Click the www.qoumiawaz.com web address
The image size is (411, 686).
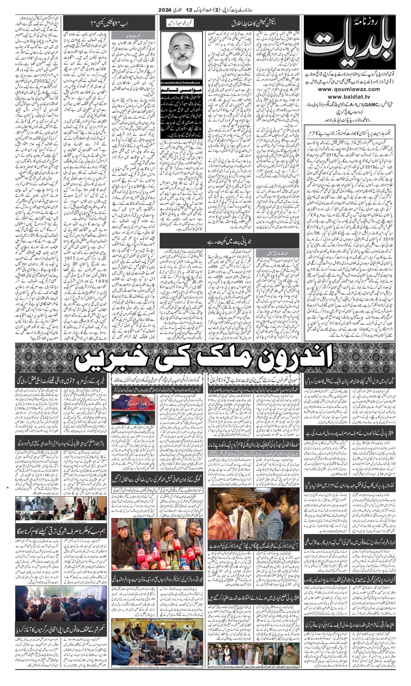(349, 89)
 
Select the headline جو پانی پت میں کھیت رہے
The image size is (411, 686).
(229, 241)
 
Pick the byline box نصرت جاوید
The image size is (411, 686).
(133, 35)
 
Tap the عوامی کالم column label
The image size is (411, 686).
(181, 90)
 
